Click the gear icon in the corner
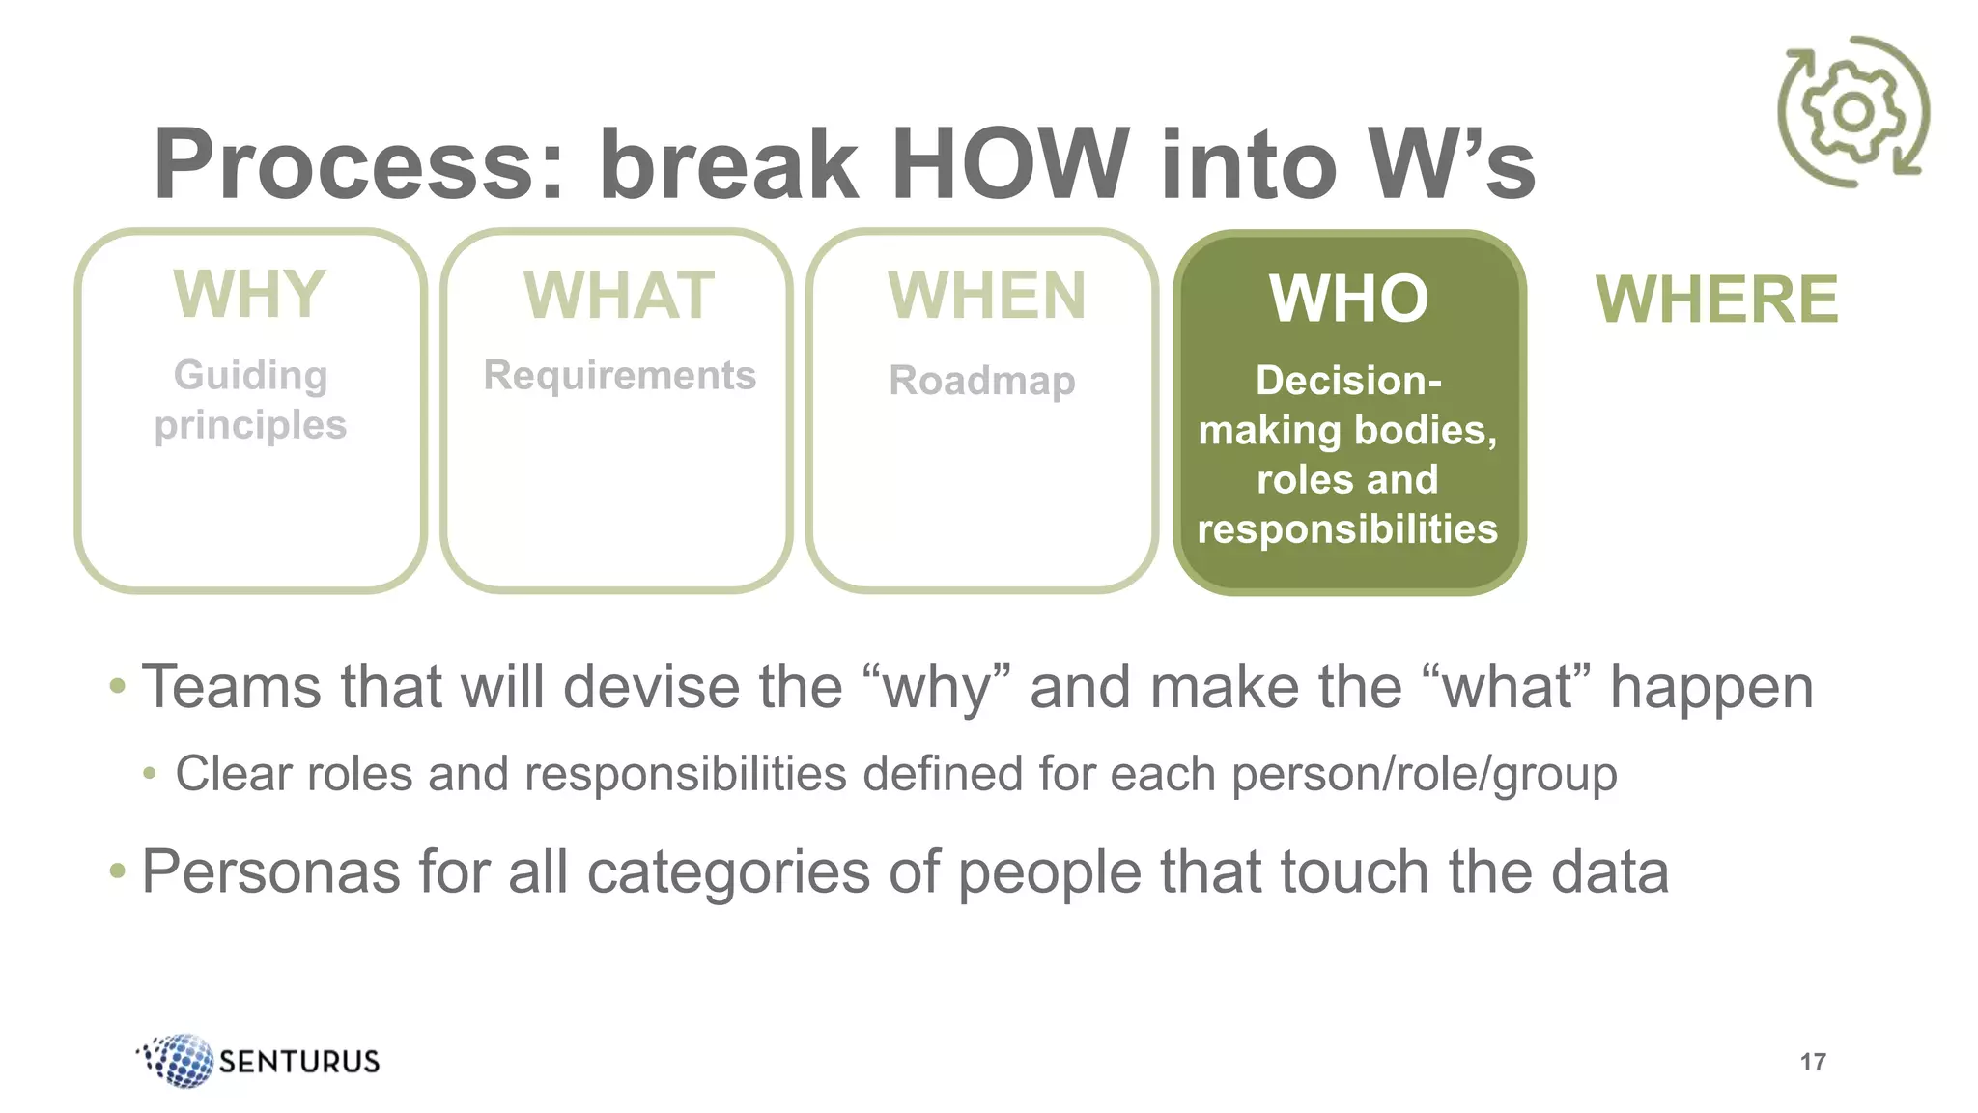coord(1853,112)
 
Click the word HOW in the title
coord(1008,164)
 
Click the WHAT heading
coord(618,296)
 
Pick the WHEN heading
coord(986,296)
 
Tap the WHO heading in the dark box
coord(1348,299)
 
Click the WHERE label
coord(1716,300)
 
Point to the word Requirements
coord(619,375)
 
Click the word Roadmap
coord(981,380)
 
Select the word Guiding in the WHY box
coord(250,375)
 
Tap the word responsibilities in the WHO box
coord(1347,528)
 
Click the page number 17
coord(1812,1062)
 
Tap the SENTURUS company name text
coord(299,1062)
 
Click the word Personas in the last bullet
coord(270,871)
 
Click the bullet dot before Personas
coord(118,871)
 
